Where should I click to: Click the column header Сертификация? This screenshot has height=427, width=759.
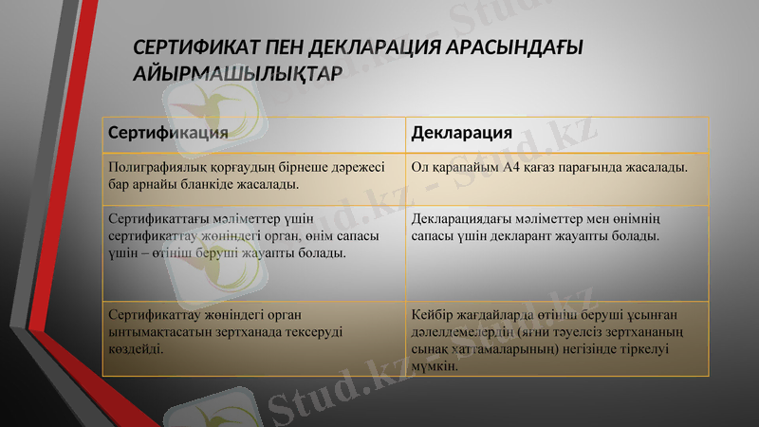coord(168,132)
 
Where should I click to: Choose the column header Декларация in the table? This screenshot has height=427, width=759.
coord(462,132)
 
